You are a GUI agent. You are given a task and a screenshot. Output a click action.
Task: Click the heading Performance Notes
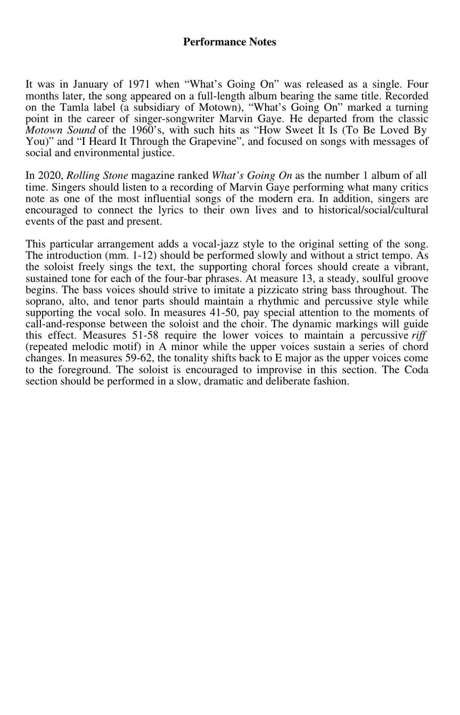click(229, 42)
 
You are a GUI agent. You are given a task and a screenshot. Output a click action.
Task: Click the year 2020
click(52, 176)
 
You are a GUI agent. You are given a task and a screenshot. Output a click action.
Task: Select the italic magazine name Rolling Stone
click(97, 176)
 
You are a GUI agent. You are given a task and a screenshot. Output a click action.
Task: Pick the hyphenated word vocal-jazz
click(213, 244)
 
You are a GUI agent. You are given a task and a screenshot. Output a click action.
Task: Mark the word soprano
click(43, 301)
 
